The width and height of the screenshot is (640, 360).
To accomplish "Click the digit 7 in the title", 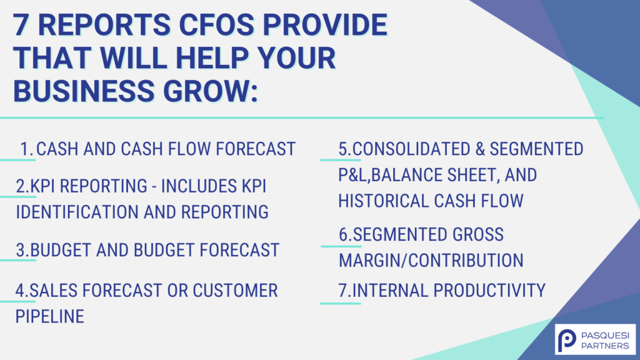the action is point(21,24).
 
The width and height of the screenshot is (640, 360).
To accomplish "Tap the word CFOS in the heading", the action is point(217,24).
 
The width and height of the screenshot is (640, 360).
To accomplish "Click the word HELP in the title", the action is point(212,57).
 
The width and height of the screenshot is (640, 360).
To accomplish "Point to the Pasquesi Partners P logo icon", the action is point(567,339).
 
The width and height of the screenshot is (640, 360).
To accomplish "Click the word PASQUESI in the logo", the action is point(605,336).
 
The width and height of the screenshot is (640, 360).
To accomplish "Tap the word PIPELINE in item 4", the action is point(50,316).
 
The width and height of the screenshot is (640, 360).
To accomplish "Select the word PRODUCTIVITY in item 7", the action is point(489,291).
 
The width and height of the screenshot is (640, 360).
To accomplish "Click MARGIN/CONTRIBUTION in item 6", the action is point(431,261).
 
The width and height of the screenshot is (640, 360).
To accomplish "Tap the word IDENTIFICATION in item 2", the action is point(77,212).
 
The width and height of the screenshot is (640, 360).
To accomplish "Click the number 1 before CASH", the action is point(25,149).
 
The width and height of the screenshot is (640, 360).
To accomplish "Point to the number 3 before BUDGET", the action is point(21,250).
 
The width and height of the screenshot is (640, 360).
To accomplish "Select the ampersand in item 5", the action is point(480,149).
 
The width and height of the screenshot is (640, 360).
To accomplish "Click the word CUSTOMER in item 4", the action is point(235,291).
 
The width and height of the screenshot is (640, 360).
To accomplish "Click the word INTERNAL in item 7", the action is point(390,291).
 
